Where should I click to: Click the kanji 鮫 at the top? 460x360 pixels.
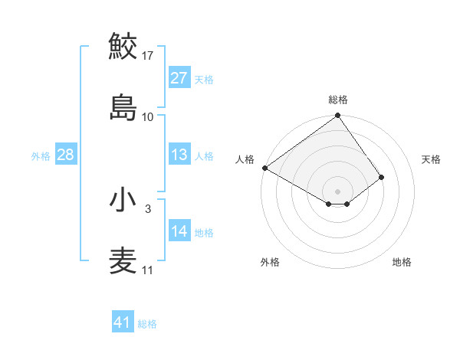point(123,45)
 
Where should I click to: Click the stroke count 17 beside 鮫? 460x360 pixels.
point(148,55)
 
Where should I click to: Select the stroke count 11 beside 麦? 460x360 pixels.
point(148,270)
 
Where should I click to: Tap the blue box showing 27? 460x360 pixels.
point(179,78)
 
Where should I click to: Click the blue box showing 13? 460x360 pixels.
point(179,155)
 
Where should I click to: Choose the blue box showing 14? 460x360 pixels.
point(179,231)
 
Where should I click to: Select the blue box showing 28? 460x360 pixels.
point(66,155)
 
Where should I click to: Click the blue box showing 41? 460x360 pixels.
point(123,322)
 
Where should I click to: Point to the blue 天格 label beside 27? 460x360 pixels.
point(204,79)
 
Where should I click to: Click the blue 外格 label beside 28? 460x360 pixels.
point(41,155)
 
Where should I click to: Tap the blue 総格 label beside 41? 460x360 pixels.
point(147,323)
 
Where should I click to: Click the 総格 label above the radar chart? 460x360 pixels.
point(338,100)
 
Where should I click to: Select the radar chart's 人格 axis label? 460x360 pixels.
point(245,159)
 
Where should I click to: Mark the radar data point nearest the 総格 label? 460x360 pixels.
point(338,116)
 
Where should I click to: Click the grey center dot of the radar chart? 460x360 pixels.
point(338,190)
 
